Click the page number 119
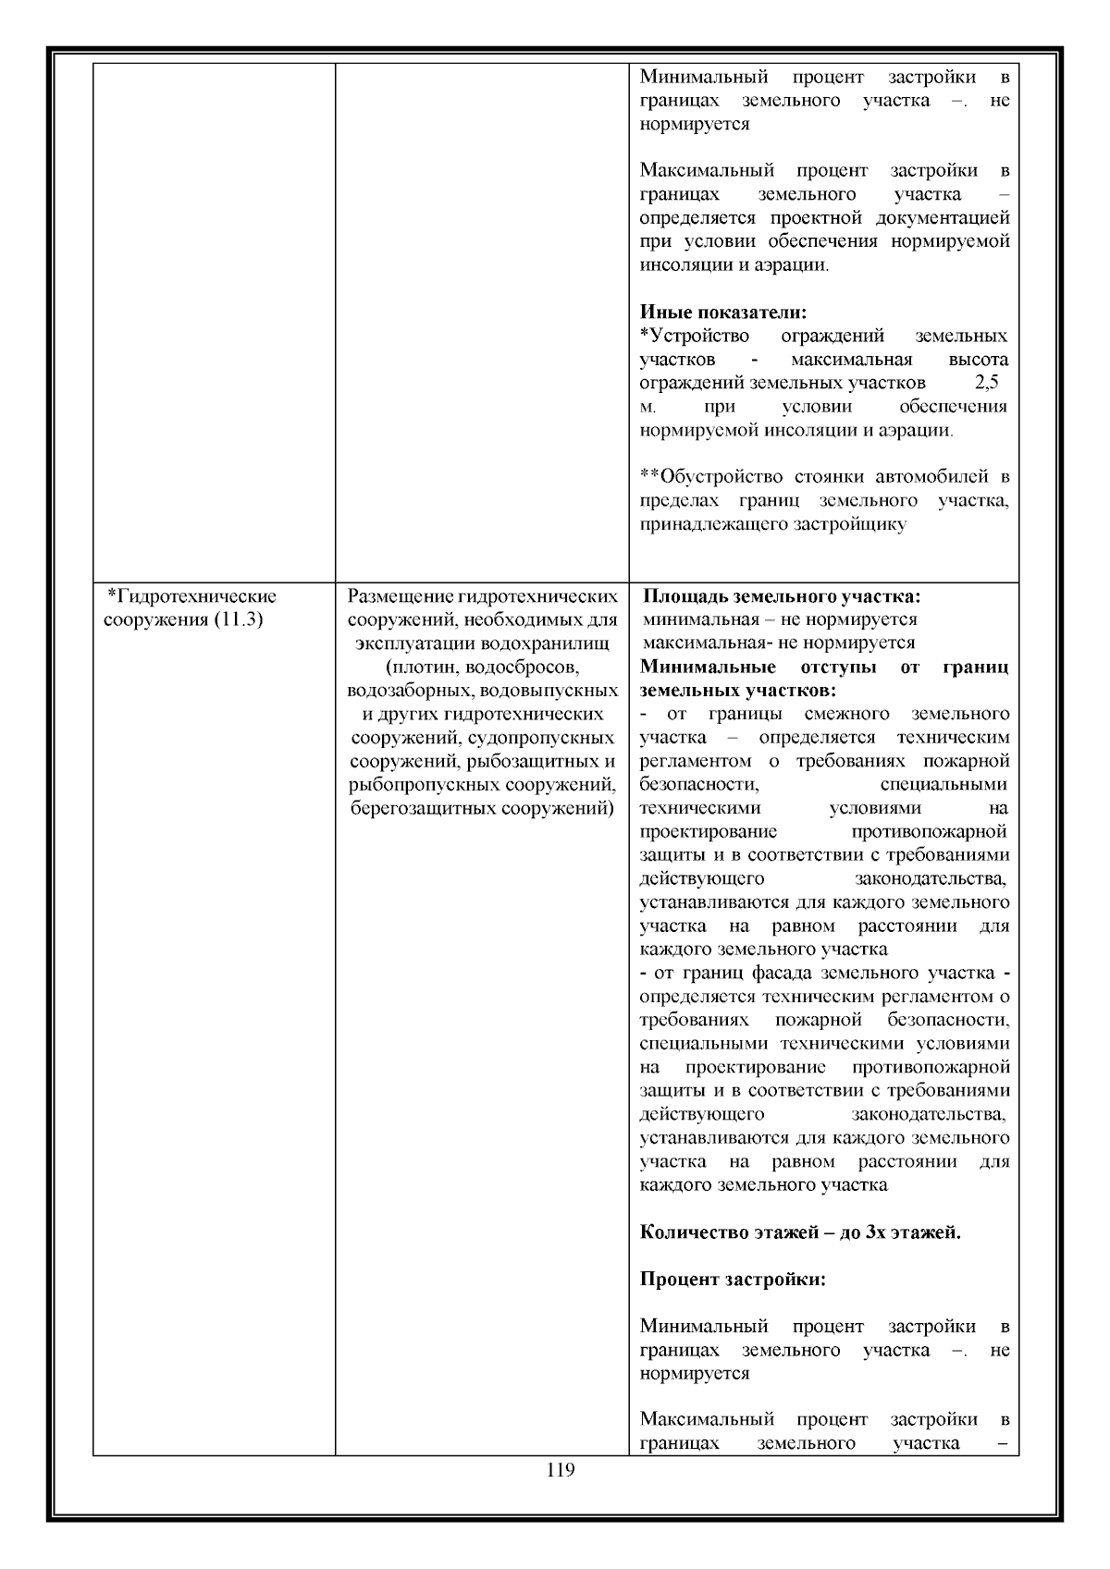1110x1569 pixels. coord(561,1470)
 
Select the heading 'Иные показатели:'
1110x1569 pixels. coord(723,312)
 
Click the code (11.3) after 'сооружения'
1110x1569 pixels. coord(239,619)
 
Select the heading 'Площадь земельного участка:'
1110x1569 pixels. coord(782,596)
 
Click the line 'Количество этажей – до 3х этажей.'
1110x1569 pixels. coord(800,1232)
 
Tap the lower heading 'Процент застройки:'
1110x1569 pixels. coord(733,1280)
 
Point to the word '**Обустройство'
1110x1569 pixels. coord(711,477)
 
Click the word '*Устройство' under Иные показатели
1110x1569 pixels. coord(695,336)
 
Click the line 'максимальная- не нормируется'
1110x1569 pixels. coord(778,643)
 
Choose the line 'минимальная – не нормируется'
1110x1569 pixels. coord(779,619)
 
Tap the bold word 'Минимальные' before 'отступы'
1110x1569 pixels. coord(708,667)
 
